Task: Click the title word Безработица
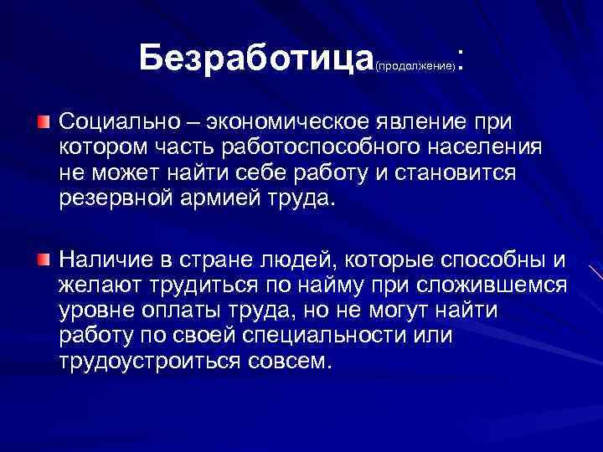click(x=255, y=58)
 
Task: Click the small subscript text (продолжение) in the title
click(x=415, y=64)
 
